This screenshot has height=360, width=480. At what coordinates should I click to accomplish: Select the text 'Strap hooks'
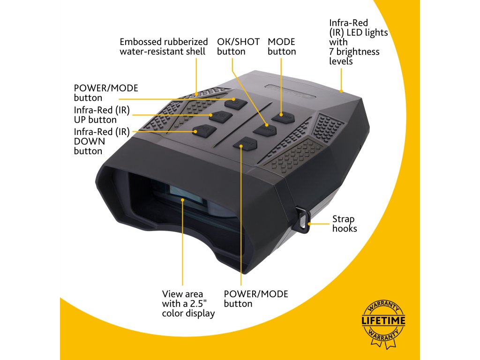pyautogui.click(x=345, y=224)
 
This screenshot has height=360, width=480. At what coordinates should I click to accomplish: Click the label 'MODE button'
pyautogui.click(x=282, y=46)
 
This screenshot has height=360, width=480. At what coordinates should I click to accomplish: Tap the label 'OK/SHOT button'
pyautogui.click(x=238, y=46)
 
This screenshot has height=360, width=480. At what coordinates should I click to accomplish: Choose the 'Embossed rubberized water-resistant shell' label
pyautogui.click(x=164, y=46)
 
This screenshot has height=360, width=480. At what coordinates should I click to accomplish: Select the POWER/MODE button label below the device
pyautogui.click(x=256, y=299)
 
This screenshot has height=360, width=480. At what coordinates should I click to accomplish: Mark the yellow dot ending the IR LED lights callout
pyautogui.click(x=342, y=91)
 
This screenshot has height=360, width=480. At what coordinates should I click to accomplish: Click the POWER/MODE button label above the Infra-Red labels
pyautogui.click(x=106, y=93)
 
